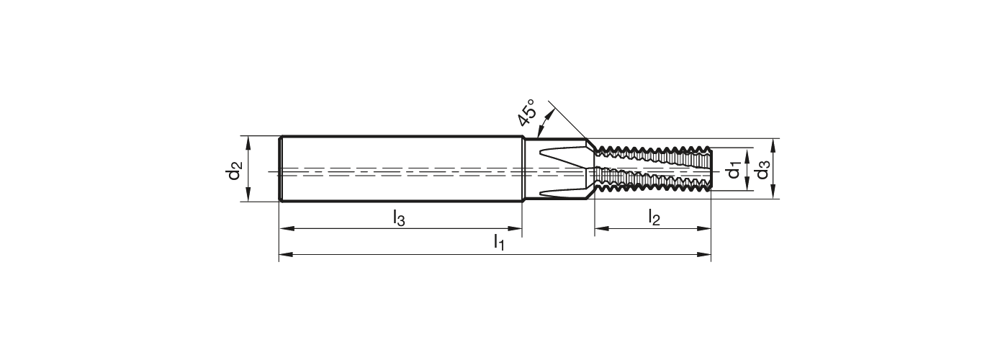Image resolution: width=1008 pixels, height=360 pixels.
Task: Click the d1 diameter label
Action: (734, 171)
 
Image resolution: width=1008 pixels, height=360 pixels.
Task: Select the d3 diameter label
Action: (762, 171)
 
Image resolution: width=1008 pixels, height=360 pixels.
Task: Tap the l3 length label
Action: (399, 217)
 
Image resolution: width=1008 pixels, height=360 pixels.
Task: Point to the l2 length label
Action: (653, 216)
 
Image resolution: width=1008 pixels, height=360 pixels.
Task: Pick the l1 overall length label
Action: (498, 243)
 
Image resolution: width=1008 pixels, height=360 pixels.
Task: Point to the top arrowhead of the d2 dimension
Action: (248, 140)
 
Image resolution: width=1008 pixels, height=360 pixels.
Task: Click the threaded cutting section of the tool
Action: (652, 171)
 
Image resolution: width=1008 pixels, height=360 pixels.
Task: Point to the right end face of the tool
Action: (711, 171)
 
